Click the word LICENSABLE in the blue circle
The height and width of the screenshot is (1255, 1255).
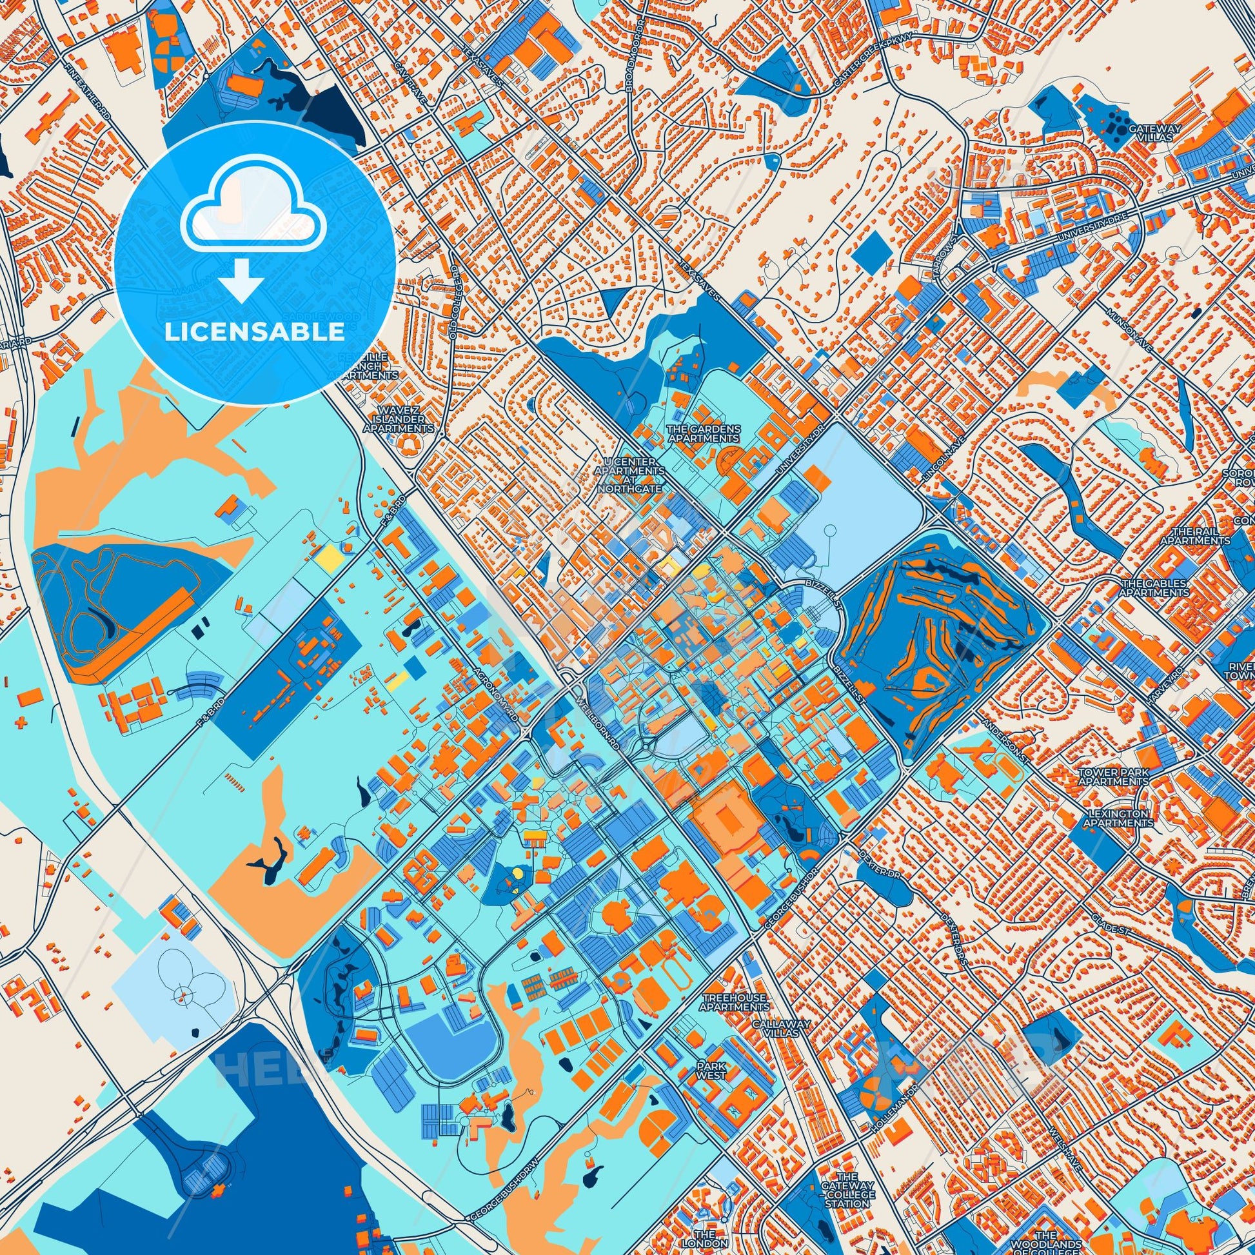(x=255, y=332)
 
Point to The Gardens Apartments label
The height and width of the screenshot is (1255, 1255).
(x=704, y=433)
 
